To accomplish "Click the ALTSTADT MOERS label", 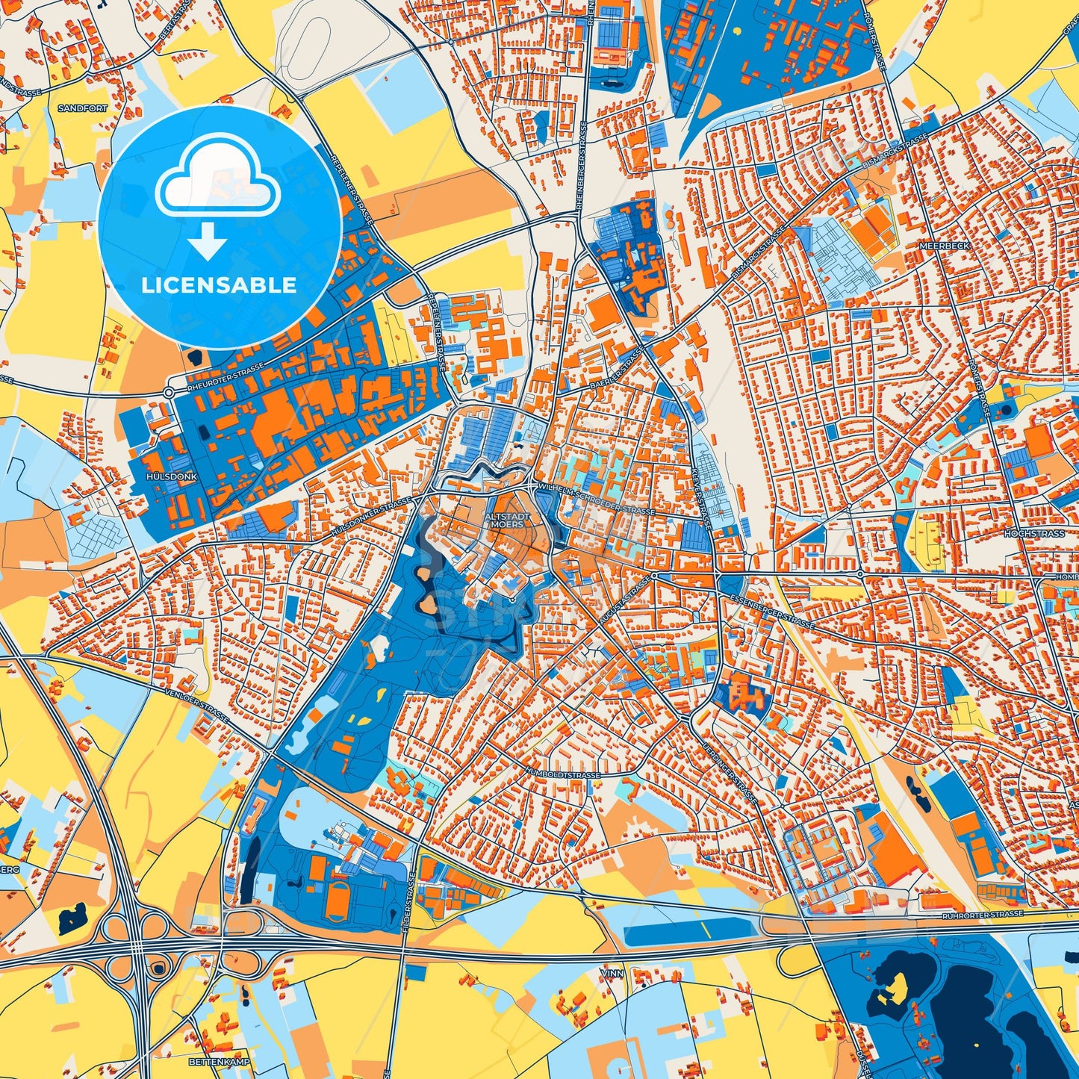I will click(x=508, y=520).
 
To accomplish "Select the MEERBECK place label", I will click(x=945, y=245).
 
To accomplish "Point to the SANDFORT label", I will click(x=82, y=108).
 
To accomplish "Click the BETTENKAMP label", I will click(x=208, y=1061).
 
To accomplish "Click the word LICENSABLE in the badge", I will click(x=220, y=285).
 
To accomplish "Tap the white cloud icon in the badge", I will click(x=217, y=181).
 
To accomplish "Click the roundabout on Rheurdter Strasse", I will click(x=170, y=391).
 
